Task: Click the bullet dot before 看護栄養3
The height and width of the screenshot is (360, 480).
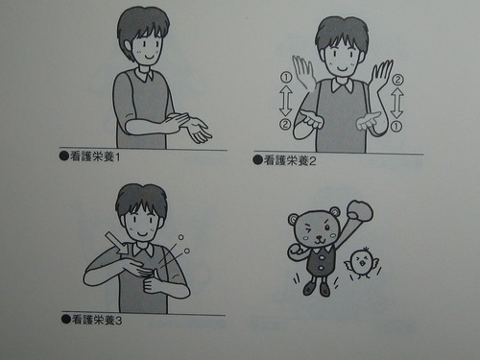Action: click(62, 318)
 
